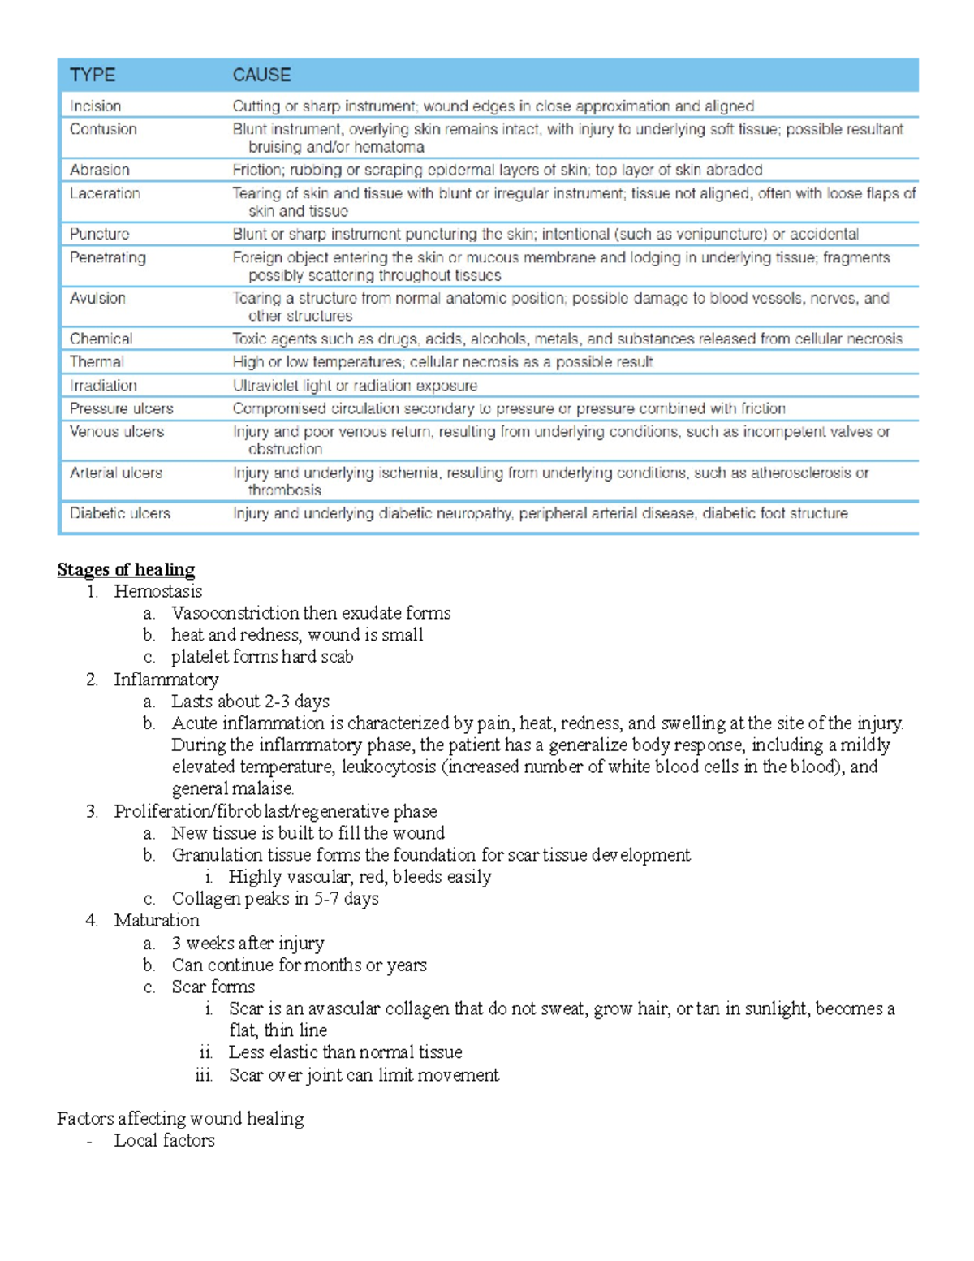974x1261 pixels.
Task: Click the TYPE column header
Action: click(x=93, y=75)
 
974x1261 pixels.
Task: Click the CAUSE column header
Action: click(x=261, y=75)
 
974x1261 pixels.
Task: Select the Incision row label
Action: click(x=95, y=106)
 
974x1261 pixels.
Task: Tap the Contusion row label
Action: click(x=103, y=129)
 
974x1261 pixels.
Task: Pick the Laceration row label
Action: click(x=105, y=193)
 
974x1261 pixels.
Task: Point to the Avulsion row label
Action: click(x=97, y=298)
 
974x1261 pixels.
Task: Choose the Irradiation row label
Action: click(x=103, y=386)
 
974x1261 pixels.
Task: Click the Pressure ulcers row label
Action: click(x=121, y=408)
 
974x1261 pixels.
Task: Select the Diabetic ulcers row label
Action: click(x=120, y=513)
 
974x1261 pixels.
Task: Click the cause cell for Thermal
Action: click(x=442, y=362)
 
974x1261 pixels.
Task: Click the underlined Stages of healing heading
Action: click(x=126, y=569)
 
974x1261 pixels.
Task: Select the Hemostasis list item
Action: click(x=157, y=591)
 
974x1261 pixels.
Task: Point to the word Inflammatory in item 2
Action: click(x=166, y=679)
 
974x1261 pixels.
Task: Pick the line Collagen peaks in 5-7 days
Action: click(x=275, y=898)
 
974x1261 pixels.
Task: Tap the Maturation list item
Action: click(x=156, y=920)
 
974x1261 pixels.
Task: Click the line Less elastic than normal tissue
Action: click(x=345, y=1052)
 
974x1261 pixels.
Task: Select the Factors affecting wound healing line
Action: click(x=180, y=1118)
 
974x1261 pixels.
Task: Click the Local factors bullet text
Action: click(x=164, y=1140)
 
